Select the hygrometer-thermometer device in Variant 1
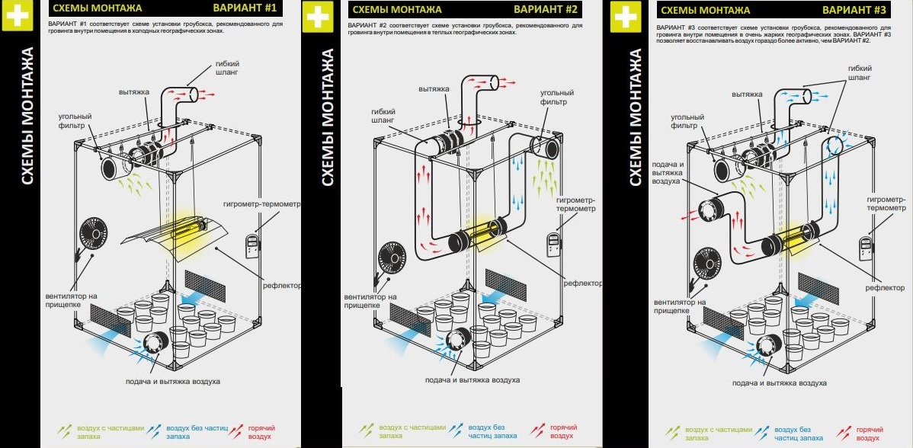252,246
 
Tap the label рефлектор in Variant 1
281,286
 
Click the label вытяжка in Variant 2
434,89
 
